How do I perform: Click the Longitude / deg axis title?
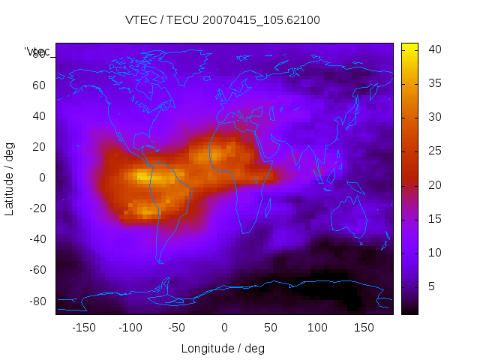[223, 348]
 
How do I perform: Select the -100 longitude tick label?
[130, 327]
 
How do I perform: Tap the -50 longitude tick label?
[177, 327]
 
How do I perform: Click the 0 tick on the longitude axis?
[224, 327]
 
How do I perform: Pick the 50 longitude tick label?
[271, 327]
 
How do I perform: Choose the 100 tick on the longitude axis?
[317, 327]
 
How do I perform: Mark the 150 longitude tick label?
[364, 327]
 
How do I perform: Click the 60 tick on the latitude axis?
[38, 85]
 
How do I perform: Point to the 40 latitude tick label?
[38, 115]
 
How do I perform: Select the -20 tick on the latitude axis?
[36, 208]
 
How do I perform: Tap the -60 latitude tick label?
[36, 270]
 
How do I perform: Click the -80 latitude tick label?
[36, 301]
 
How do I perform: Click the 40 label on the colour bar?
[434, 49]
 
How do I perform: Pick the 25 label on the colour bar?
[434, 151]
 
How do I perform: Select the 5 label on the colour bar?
[431, 286]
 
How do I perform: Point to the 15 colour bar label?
[434, 219]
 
